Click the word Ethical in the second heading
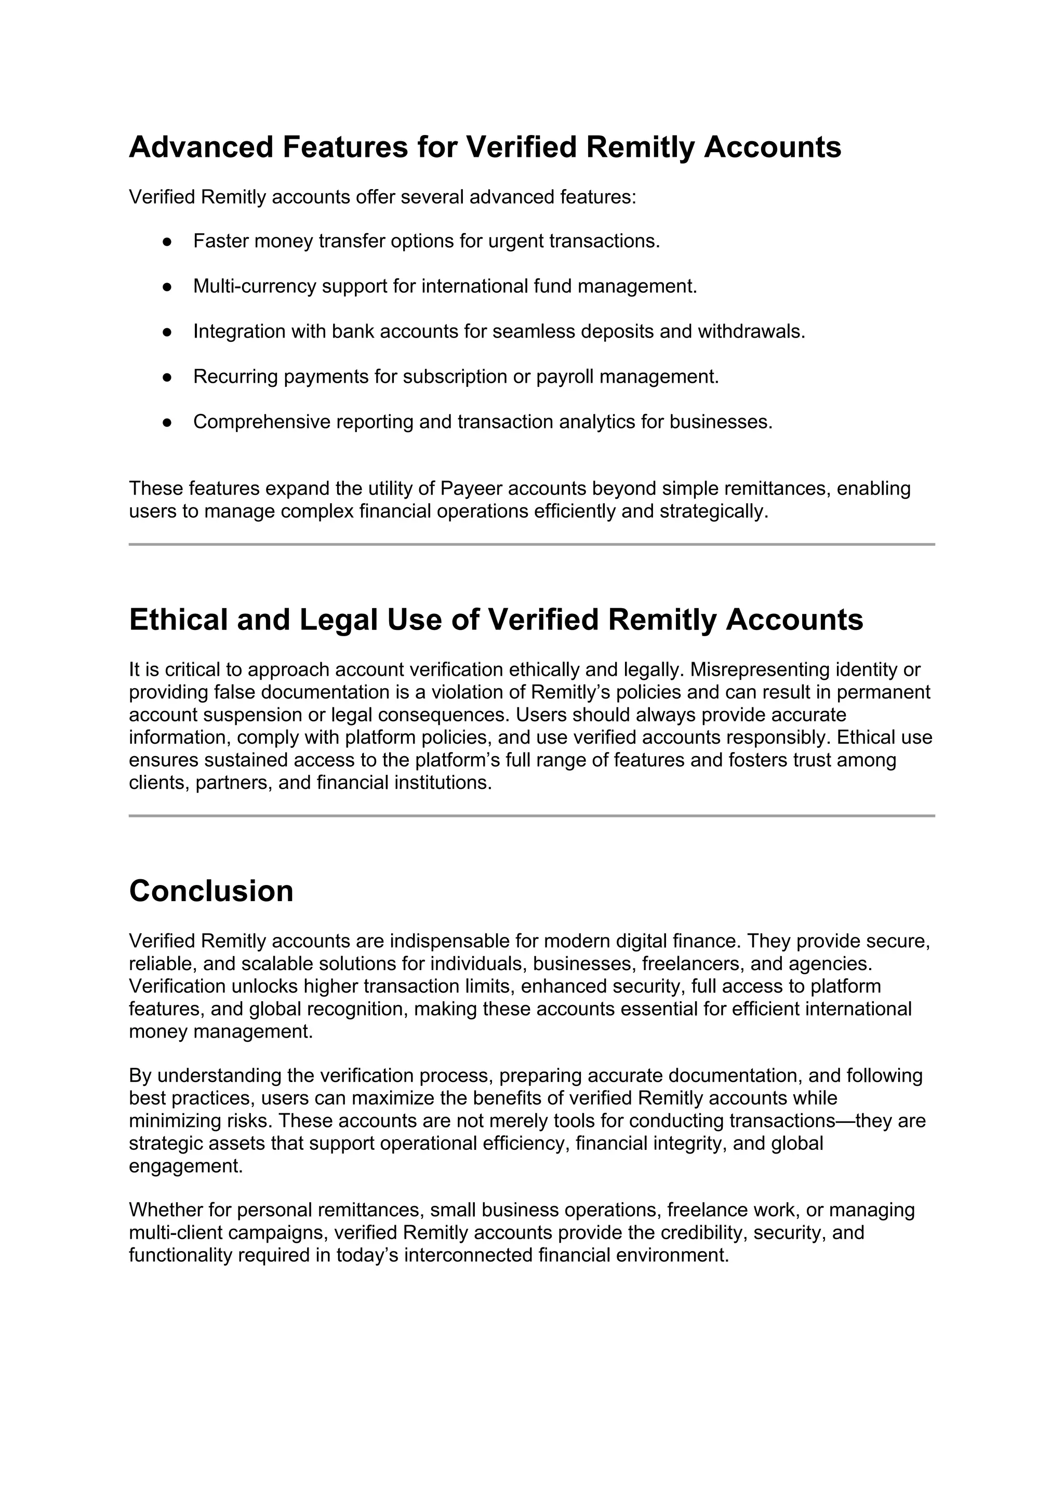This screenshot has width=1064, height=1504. click(x=178, y=620)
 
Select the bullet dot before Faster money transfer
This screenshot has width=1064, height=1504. click(x=167, y=241)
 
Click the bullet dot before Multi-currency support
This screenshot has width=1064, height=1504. click(x=167, y=287)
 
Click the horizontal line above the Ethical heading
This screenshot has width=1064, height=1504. click(x=531, y=544)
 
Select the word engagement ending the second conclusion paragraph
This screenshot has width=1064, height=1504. click(x=185, y=1166)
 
